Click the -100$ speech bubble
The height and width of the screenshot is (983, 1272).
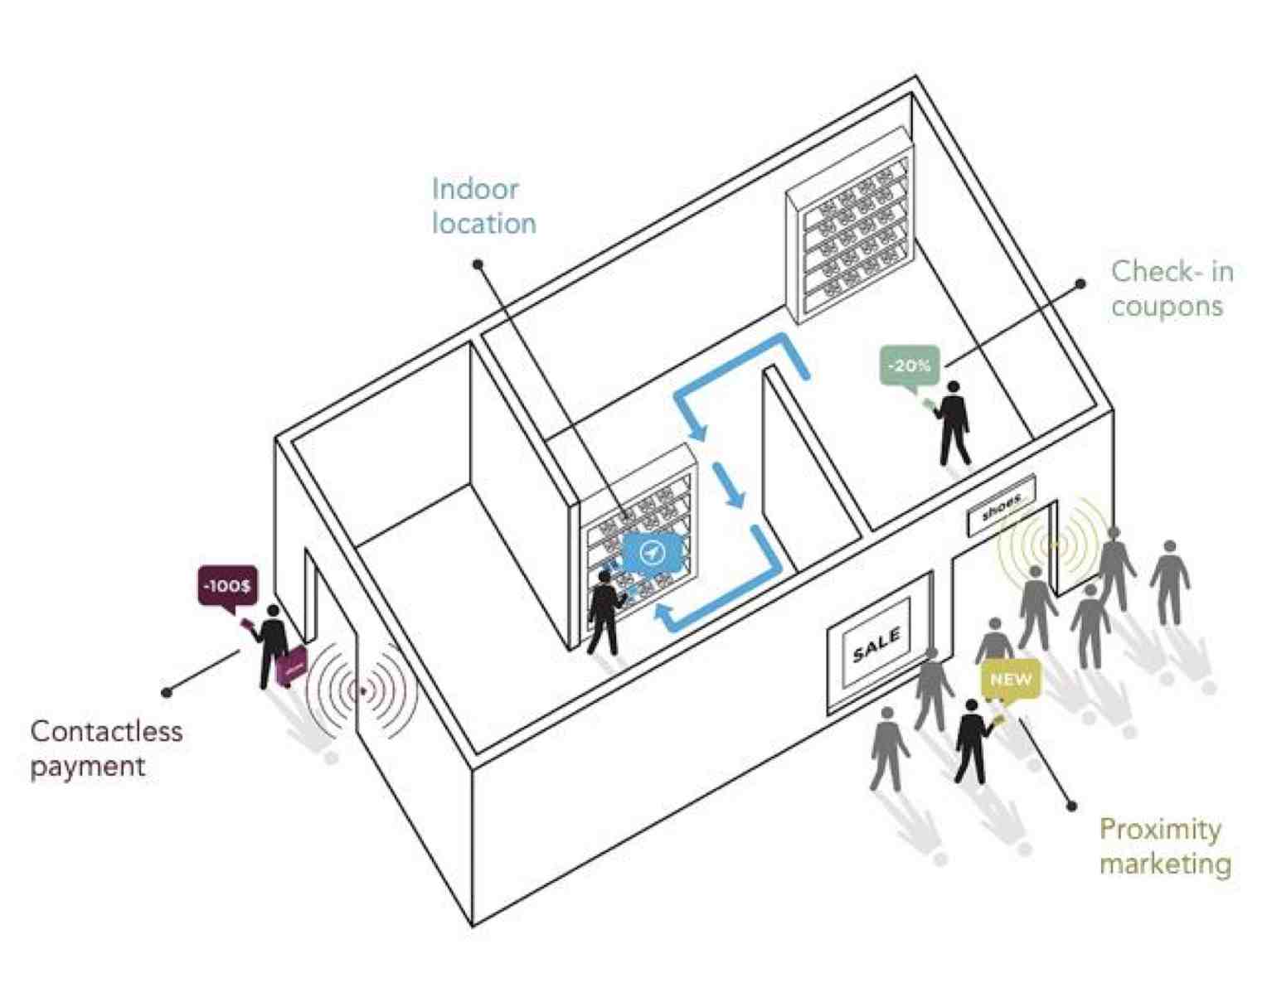click(228, 587)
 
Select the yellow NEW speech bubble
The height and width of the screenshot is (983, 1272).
click(1011, 680)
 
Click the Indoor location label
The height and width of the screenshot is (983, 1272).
click(483, 206)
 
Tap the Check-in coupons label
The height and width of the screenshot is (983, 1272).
click(1172, 289)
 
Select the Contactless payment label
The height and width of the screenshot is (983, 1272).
click(106, 748)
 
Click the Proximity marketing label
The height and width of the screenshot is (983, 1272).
click(1165, 846)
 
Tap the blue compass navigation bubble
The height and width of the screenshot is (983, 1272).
click(652, 552)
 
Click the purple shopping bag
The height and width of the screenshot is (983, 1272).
click(292, 666)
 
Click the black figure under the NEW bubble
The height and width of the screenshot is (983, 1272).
click(973, 741)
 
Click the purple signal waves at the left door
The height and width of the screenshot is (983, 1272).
click(362, 691)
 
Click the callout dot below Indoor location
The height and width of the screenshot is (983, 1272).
click(478, 265)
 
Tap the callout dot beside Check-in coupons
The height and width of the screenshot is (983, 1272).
click(1080, 283)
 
